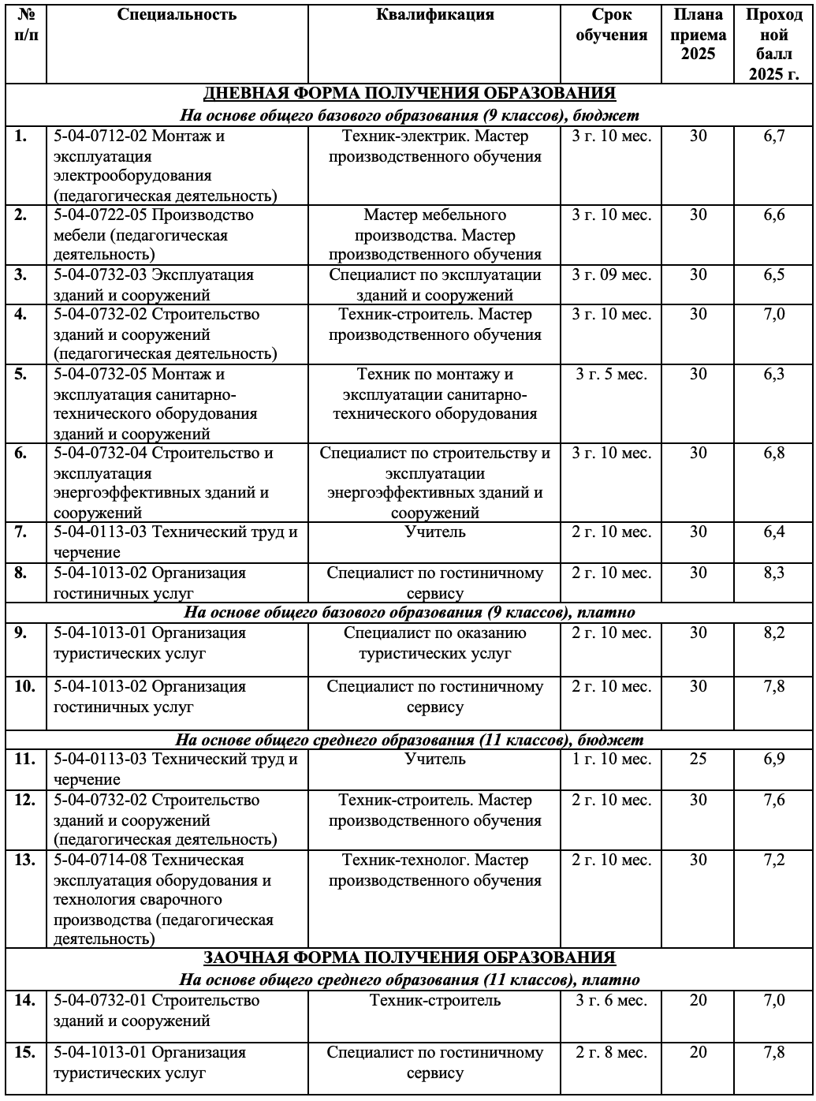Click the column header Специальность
(177, 15)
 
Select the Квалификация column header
(434, 15)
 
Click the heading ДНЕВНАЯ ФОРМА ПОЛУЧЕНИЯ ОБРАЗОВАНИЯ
(409, 93)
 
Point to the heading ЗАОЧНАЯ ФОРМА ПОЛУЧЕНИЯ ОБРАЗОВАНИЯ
(409, 958)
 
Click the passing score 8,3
(774, 573)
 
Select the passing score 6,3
(774, 374)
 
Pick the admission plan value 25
(699, 760)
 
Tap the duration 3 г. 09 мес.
(612, 274)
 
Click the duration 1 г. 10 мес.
(612, 760)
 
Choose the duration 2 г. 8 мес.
(612, 1053)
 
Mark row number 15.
(25, 1053)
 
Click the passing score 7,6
(774, 801)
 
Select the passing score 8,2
(774, 633)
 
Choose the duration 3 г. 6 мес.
(612, 1001)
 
